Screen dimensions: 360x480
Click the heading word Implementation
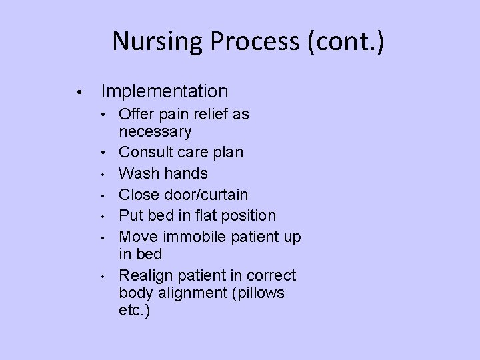click(x=164, y=91)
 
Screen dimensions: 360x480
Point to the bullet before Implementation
click(x=79, y=92)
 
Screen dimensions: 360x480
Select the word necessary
click(x=155, y=131)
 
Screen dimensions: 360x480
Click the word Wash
click(x=135, y=173)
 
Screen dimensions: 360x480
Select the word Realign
click(x=145, y=275)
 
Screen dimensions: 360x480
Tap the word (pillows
click(x=257, y=293)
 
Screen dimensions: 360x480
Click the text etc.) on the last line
click(x=135, y=310)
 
